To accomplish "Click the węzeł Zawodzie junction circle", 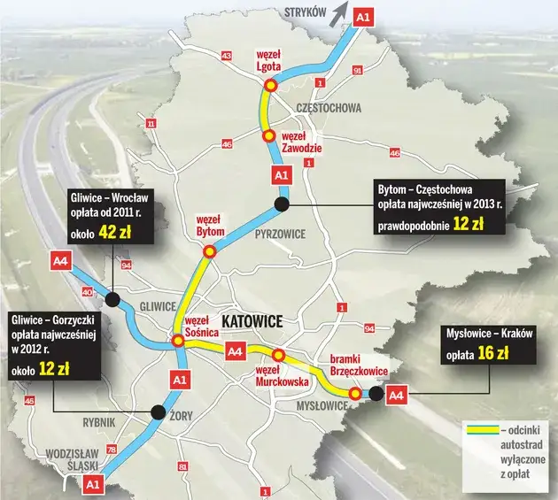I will (267, 136).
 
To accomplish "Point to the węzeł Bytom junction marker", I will (210, 251).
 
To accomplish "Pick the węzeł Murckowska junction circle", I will (278, 356).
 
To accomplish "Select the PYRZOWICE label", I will (280, 235).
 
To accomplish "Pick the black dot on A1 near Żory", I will (159, 411).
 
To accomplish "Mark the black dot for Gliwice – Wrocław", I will (112, 297).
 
